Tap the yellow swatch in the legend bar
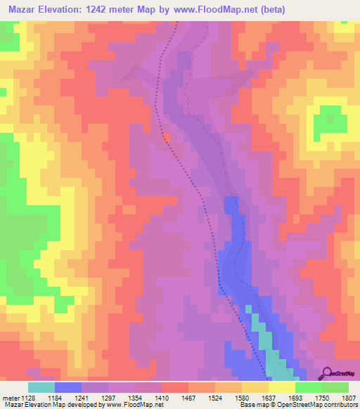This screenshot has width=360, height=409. (281, 388)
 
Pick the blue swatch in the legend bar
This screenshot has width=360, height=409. (68, 388)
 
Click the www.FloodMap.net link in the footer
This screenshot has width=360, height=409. (130, 405)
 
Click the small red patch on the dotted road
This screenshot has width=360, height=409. (166, 137)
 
